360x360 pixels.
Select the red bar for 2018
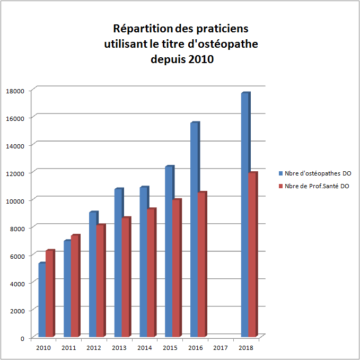coord(252,254)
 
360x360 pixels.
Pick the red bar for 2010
coord(49,294)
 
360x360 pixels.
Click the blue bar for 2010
coord(42,300)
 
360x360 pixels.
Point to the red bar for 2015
coord(176,268)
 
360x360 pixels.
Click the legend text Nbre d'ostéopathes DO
coord(318,173)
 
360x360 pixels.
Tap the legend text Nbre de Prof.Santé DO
coord(317,186)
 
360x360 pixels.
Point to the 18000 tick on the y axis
coord(15,91)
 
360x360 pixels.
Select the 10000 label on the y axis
coord(15,200)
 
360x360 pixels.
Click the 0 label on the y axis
coord(22,338)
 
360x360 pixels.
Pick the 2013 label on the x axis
coord(119,348)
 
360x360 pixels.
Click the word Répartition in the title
coord(139,28)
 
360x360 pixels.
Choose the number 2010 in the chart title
coord(200,59)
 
